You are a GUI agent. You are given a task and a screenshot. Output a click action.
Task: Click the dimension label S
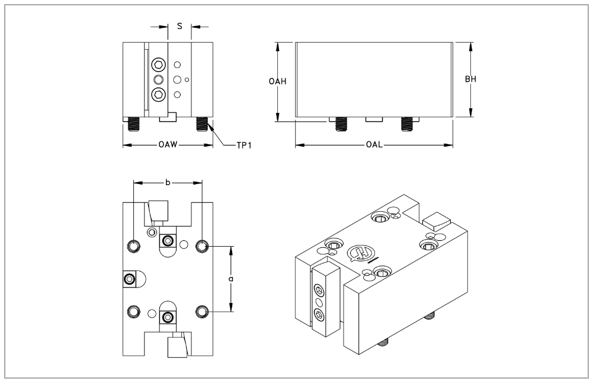(179, 27)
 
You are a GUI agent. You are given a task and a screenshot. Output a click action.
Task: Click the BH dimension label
(471, 80)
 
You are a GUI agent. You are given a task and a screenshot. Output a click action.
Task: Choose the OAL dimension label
(374, 145)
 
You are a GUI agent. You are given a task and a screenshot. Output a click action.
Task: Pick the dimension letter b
(168, 183)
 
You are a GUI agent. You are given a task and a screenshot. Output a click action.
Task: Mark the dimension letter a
(231, 277)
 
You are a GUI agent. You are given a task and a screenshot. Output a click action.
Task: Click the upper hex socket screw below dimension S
(158, 64)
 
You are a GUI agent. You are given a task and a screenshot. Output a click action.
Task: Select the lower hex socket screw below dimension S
(158, 93)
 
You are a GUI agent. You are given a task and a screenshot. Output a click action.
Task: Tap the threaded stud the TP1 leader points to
(201, 124)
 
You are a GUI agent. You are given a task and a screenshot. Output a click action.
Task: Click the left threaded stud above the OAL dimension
(341, 124)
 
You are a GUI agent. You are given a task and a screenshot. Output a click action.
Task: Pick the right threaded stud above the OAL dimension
(406, 124)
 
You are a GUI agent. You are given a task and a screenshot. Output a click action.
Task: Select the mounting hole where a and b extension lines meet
(202, 246)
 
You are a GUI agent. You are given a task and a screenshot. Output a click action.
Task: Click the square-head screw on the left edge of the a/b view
(129, 279)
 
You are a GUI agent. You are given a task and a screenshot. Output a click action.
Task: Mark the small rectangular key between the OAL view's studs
(374, 120)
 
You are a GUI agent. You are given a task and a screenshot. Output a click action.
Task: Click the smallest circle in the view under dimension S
(187, 79)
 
